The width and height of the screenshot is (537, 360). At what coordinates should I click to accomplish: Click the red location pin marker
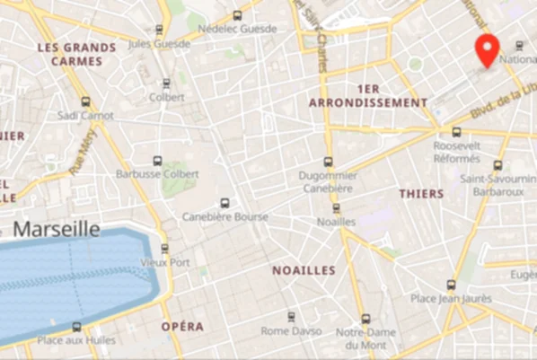[488, 50]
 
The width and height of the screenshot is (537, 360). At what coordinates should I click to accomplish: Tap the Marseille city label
[56, 229]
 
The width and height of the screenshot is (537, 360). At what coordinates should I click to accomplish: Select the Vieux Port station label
[165, 262]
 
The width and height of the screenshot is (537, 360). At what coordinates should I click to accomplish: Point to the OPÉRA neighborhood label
[182, 327]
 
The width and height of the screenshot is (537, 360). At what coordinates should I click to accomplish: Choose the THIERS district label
[421, 194]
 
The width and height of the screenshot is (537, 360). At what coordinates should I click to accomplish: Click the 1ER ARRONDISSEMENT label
[368, 96]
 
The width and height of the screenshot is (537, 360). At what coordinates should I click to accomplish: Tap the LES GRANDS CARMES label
[76, 54]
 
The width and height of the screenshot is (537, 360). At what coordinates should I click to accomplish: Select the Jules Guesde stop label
[159, 42]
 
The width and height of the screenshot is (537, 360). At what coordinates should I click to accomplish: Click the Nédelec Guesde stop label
[237, 29]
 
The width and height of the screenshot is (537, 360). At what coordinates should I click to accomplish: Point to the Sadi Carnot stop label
[85, 116]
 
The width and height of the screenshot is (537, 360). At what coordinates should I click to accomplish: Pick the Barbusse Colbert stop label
[157, 174]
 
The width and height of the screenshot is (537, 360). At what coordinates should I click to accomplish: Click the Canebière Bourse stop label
[224, 216]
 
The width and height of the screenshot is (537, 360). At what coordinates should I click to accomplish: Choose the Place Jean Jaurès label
[451, 298]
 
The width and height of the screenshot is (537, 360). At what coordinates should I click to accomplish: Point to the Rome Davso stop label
[290, 330]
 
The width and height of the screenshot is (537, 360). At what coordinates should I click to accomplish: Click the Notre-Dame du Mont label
[365, 338]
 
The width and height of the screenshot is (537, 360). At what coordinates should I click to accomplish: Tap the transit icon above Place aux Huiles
[76, 327]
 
